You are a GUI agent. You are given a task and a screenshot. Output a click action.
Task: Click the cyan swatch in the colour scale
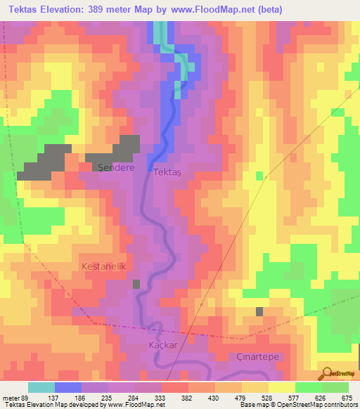click(41, 387)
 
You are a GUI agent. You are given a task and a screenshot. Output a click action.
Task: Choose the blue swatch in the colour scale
click(68, 387)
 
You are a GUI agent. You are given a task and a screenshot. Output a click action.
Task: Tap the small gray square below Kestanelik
click(136, 284)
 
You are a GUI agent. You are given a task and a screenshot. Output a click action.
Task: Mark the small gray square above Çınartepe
click(259, 311)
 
